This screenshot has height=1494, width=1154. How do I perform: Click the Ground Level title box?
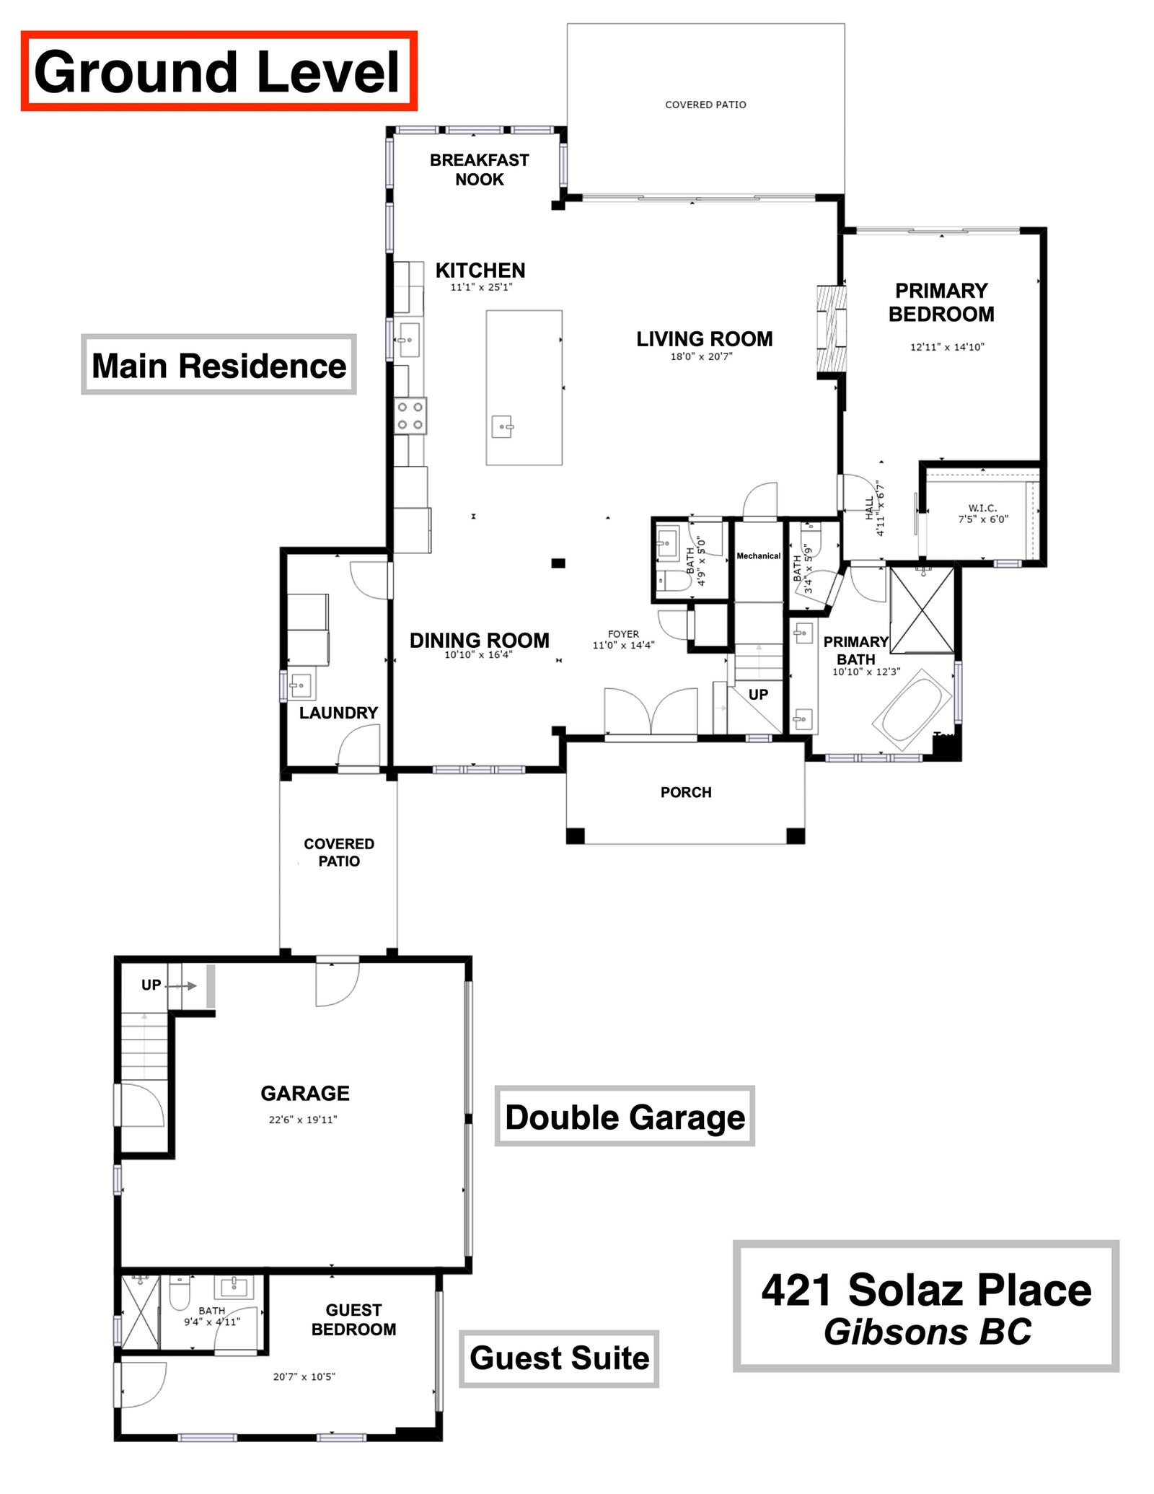coord(219,71)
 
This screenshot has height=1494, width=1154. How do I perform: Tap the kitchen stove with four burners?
coord(410,416)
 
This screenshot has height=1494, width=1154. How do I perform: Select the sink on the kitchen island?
coord(503,428)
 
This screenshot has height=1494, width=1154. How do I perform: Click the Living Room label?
coord(704,338)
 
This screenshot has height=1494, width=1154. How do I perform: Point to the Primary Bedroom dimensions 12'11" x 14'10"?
coord(947,347)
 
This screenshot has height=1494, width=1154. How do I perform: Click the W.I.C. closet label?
coord(982,508)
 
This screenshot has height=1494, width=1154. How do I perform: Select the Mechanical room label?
coord(758,556)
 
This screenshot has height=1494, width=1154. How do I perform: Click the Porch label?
coord(686,792)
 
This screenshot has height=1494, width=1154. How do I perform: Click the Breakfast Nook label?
coord(480,170)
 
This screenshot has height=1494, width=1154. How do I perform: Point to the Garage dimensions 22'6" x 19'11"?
coord(303,1120)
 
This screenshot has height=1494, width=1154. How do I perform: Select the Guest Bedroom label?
coord(353,1319)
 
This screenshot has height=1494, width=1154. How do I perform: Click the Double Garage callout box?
coord(625,1117)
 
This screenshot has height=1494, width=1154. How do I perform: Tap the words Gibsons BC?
coord(927,1332)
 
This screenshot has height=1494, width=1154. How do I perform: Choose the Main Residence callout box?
coord(219,365)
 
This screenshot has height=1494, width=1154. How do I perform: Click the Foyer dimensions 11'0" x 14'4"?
coord(623,646)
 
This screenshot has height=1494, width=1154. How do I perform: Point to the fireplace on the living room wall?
coord(830,331)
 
